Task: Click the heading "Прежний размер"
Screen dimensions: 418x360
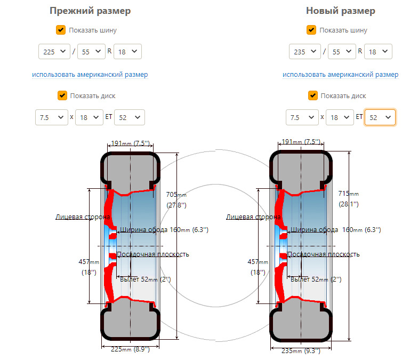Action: (x=90, y=11)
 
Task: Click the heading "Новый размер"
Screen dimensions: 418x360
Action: (x=340, y=11)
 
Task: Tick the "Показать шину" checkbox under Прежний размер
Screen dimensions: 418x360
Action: (x=61, y=30)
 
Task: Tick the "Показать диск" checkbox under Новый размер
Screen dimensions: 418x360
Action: (x=312, y=95)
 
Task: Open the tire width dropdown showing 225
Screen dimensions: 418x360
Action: (x=54, y=51)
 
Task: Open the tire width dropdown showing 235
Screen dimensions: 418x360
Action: (x=305, y=51)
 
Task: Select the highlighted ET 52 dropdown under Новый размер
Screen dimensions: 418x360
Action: (x=380, y=117)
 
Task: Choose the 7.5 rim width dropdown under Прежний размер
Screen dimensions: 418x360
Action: (x=51, y=117)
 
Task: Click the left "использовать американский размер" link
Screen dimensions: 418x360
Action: (x=90, y=75)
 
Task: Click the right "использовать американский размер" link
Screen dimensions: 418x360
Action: (x=340, y=75)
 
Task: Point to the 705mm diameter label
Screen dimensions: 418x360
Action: (x=176, y=199)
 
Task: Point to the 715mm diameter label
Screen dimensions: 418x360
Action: (x=349, y=198)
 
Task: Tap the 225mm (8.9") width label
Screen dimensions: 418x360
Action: (x=130, y=349)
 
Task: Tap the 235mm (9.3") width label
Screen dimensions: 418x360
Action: (x=301, y=351)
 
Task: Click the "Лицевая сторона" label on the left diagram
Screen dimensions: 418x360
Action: (x=83, y=217)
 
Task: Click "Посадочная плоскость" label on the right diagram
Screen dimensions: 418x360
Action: (x=323, y=254)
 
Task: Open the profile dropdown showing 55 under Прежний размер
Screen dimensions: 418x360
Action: (x=91, y=51)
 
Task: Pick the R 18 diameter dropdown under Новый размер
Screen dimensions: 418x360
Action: (x=379, y=51)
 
